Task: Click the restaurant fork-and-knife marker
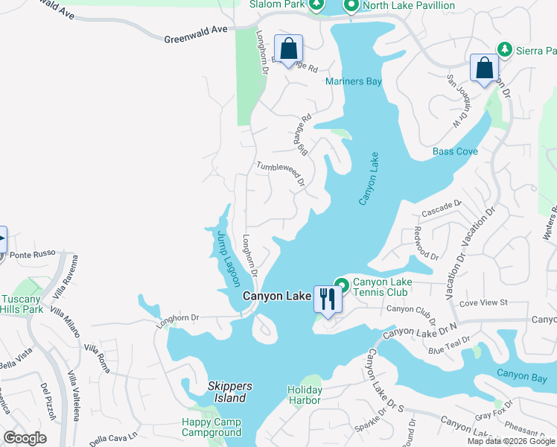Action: (328, 299)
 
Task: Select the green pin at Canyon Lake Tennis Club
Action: (342, 284)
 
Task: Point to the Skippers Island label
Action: (230, 392)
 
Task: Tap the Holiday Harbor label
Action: (305, 395)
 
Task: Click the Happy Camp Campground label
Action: (211, 427)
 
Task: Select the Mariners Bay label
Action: (354, 81)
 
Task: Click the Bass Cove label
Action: (456, 151)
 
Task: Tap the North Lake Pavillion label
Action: (409, 6)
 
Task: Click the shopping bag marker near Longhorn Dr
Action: (289, 50)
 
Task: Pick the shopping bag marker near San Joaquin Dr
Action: (485, 69)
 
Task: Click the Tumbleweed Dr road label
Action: (281, 174)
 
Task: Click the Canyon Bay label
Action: (522, 374)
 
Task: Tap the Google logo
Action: (25, 438)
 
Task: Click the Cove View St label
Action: (483, 302)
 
